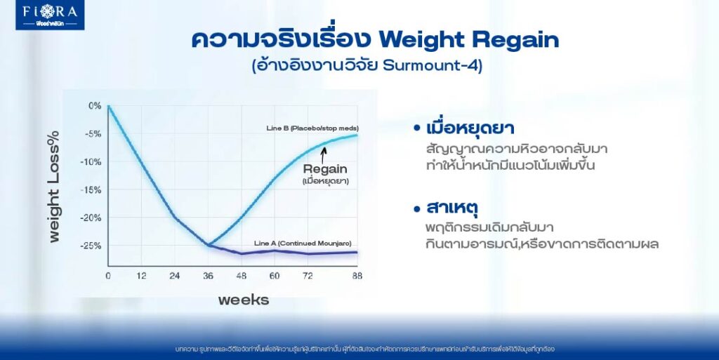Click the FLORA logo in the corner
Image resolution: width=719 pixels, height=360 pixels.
point(50,15)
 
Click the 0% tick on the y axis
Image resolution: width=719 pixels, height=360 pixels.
point(95,106)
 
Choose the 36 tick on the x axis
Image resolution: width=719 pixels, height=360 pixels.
point(209,276)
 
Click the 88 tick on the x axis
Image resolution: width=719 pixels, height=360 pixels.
point(357,276)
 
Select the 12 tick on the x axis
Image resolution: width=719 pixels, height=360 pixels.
point(142,276)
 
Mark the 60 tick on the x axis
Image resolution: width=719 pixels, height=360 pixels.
point(275,276)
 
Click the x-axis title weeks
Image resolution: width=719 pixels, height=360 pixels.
point(243,300)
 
